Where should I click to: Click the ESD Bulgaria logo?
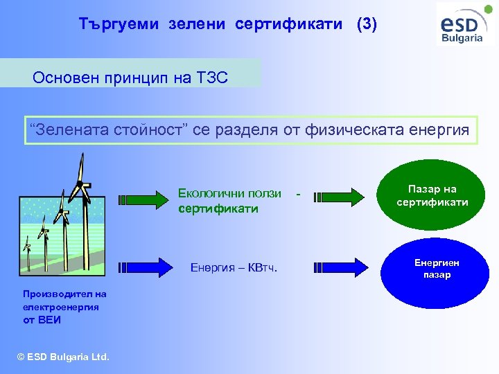click(466, 25)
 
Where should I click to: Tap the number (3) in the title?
click(367, 25)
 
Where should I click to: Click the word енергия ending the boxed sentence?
click(435, 130)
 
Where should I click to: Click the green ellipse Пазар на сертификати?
click(432, 196)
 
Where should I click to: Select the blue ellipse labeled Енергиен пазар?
click(432, 269)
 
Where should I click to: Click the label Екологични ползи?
click(229, 193)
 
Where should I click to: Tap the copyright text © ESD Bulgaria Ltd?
click(63, 357)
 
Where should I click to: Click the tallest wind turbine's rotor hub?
click(82, 184)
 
